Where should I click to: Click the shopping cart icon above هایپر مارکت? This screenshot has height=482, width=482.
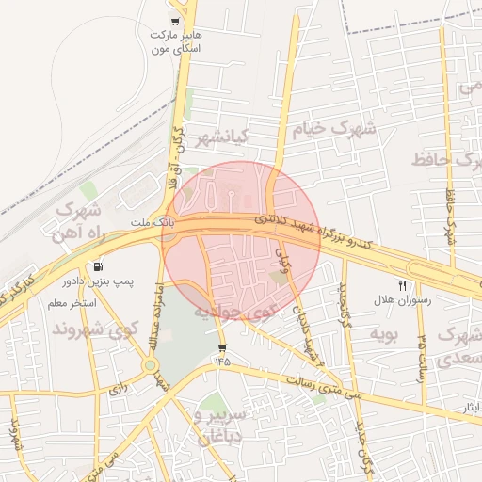175,22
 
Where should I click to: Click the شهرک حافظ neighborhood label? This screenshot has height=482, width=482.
443,159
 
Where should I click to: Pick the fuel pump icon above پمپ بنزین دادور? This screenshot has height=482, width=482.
100,266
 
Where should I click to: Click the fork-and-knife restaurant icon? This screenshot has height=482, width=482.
403,285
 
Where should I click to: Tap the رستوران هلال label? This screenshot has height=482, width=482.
402,301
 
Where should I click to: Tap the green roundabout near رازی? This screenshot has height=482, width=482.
150,365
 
